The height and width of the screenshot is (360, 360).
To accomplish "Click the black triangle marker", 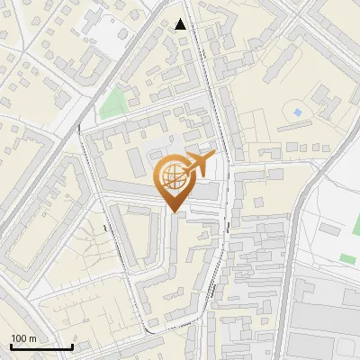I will (x=181, y=24).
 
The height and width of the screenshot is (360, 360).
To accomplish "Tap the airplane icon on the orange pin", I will (x=198, y=164).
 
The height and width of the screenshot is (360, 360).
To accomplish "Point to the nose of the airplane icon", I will (x=215, y=156).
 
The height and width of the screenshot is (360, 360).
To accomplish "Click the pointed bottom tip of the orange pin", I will (x=175, y=212).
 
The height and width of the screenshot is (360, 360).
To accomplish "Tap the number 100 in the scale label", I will (x=21, y=338).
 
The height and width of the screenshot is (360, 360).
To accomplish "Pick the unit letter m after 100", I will (x=33, y=338).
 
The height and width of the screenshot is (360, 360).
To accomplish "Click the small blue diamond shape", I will (x=297, y=112).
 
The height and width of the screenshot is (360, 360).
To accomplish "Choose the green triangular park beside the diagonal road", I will (x=112, y=103).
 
